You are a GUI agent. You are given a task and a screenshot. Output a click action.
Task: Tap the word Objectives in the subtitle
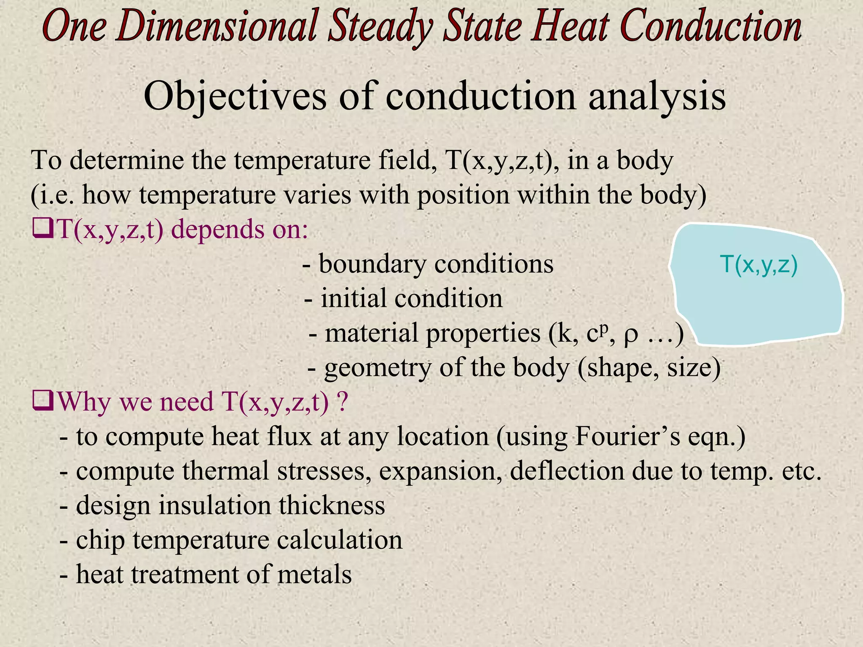(235, 97)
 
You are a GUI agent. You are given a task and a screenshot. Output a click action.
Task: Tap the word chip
(100, 540)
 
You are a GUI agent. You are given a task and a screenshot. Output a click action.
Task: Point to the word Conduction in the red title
(711, 26)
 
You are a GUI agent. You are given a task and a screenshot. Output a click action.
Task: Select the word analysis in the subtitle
(657, 97)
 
